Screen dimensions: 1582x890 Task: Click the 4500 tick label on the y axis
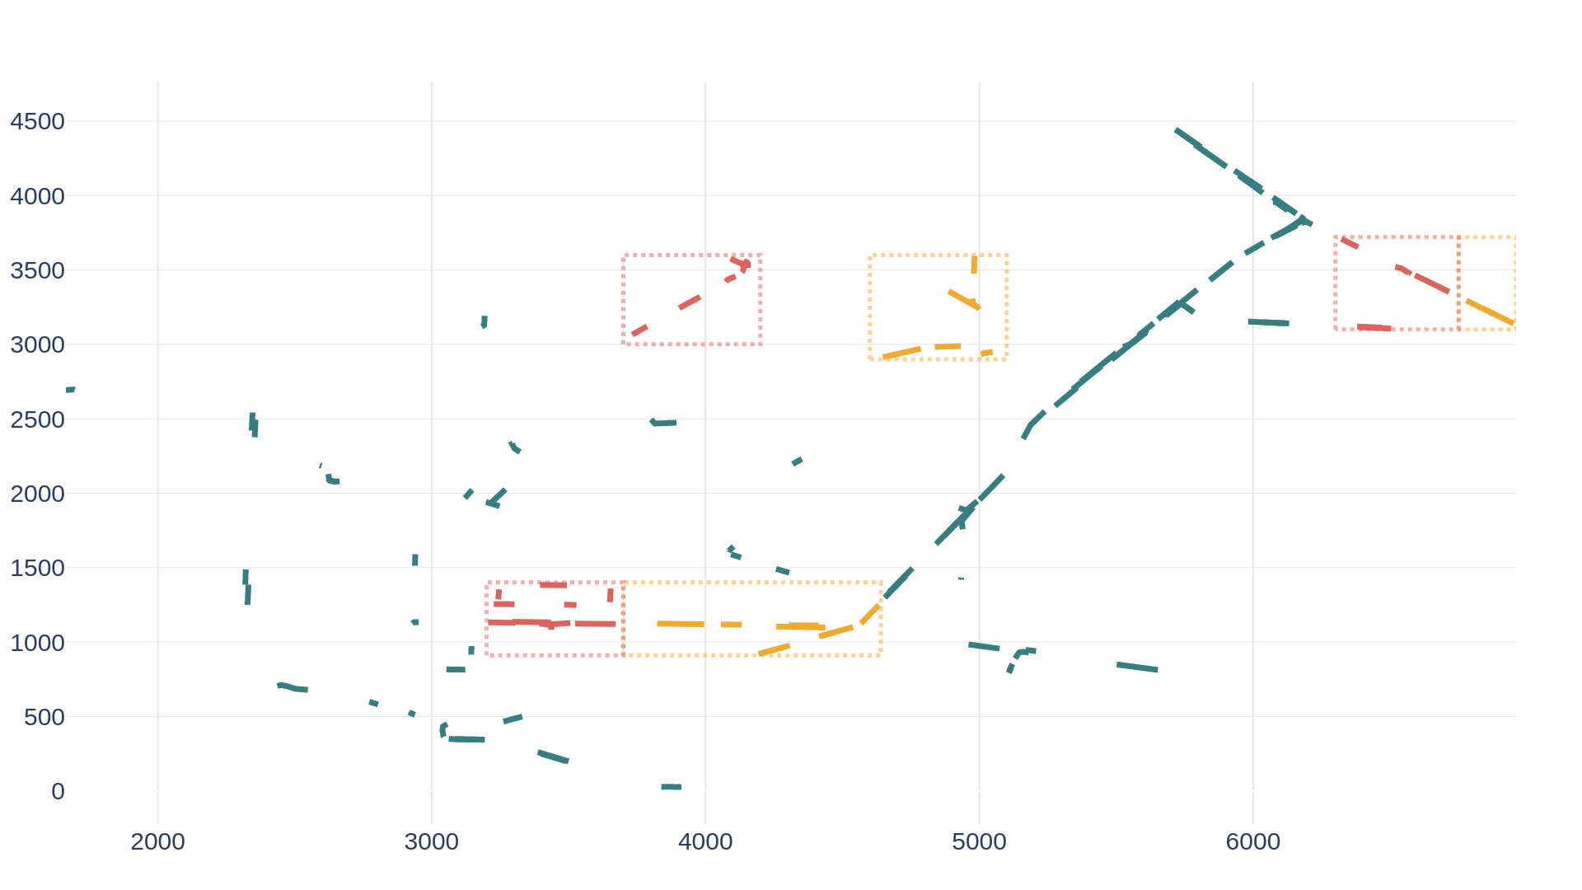(37, 122)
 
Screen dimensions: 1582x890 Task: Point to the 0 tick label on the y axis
(58, 791)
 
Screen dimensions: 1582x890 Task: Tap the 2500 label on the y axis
(37, 419)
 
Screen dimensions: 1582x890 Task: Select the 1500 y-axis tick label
(37, 568)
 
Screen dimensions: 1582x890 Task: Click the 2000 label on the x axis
(157, 841)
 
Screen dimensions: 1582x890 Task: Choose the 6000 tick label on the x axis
(1252, 841)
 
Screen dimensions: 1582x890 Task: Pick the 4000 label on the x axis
(705, 841)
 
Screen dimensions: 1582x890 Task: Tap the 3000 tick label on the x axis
(431, 841)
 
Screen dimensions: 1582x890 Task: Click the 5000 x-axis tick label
(979, 841)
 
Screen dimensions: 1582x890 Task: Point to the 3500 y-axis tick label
(37, 270)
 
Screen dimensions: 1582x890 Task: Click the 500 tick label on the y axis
(44, 717)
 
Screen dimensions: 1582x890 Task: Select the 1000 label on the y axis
(37, 643)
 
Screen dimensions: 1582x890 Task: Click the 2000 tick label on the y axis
(37, 494)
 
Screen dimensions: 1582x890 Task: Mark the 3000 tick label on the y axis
(37, 344)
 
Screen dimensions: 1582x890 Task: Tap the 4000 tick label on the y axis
(37, 196)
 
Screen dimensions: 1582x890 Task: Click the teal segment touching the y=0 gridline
(671, 787)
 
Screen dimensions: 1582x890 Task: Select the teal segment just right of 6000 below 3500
(1269, 322)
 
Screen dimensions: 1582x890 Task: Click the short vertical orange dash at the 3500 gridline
(974, 264)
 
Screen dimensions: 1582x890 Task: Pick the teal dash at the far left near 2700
(71, 389)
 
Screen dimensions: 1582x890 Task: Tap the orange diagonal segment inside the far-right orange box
(1488, 311)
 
